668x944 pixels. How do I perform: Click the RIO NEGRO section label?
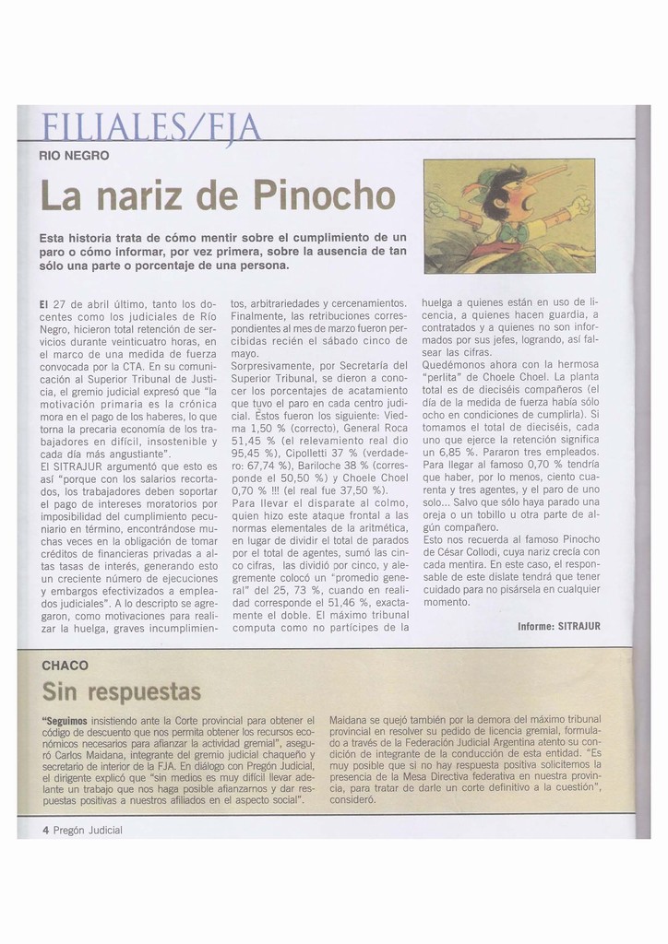(x=74, y=156)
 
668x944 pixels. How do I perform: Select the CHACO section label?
(x=66, y=665)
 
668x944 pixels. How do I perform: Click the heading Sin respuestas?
(x=121, y=690)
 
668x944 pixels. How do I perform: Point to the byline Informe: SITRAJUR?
(x=558, y=626)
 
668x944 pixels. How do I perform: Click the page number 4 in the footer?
(x=45, y=830)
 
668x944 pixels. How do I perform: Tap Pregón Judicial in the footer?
(x=88, y=830)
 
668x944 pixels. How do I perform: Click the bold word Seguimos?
(x=64, y=719)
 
